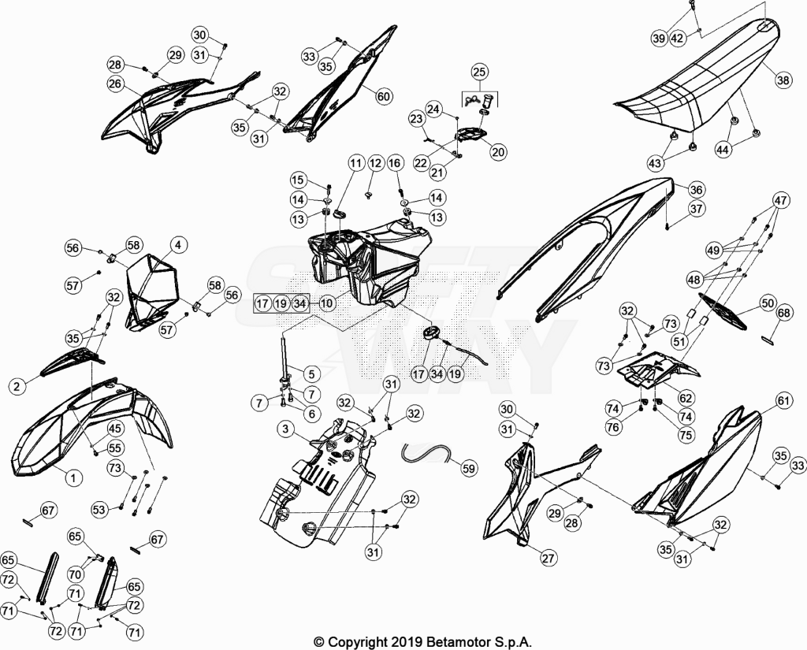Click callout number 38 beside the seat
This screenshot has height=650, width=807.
(783, 80)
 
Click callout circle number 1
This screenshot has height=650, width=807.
(73, 478)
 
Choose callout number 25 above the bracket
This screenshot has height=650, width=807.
(479, 72)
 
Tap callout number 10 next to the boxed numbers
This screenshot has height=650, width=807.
(327, 303)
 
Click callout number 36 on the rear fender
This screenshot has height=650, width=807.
(695, 190)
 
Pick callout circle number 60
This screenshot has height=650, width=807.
(384, 96)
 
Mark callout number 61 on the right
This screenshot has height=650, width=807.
(783, 401)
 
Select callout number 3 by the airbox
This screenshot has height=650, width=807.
(284, 429)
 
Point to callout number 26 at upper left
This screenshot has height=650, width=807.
(117, 84)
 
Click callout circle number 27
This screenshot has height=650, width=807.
(549, 558)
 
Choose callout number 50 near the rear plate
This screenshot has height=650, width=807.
(768, 303)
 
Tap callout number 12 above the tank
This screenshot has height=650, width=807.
(376, 164)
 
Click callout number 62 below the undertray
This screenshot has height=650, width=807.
(686, 397)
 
